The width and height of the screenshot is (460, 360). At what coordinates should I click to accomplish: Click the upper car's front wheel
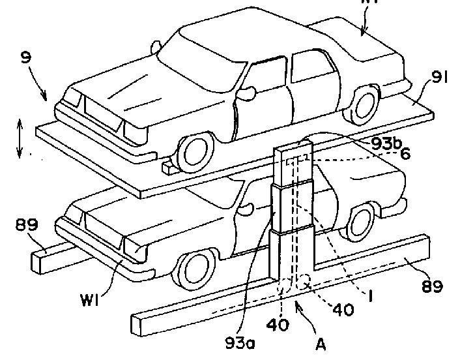pyautogui.click(x=195, y=152)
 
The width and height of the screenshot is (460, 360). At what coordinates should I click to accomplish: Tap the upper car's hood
pyautogui.click(x=124, y=95)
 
